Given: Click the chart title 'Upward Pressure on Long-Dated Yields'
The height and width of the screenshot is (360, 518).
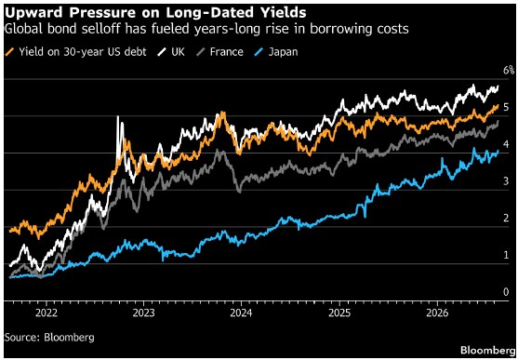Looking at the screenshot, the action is tap(155, 13).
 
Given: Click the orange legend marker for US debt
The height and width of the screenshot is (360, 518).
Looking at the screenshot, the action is tap(11, 52).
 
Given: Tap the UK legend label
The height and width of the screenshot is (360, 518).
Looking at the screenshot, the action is tap(177, 52).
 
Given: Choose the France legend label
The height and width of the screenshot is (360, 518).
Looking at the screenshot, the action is tap(227, 52).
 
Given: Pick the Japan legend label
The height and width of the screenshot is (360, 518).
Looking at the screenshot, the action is tap(283, 52).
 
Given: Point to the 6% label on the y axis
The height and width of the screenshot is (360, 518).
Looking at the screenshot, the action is tap(509, 70).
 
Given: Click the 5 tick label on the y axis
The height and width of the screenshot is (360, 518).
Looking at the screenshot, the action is tap(506, 107).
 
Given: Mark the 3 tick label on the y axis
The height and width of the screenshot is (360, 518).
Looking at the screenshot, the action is tap(506, 181).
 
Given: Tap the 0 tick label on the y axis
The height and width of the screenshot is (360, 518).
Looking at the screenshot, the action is tap(506, 292).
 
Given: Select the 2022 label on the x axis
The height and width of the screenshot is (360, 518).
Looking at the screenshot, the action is tap(46, 313).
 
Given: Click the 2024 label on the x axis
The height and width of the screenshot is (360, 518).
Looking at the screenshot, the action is tap(242, 313).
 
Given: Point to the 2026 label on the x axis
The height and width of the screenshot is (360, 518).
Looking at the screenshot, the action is tap(438, 313).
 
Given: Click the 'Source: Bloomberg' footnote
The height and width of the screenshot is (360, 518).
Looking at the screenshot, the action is tap(49, 338).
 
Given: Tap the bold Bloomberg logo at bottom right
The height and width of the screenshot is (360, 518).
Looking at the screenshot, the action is tap(487, 350).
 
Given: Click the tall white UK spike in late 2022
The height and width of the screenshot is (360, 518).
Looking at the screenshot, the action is tap(118, 116).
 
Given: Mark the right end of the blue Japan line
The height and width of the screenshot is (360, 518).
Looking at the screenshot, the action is tap(498, 151).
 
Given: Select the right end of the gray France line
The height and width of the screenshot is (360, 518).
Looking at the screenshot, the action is tap(498, 122).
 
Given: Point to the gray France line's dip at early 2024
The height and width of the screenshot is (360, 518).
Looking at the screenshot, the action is tap(239, 191).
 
